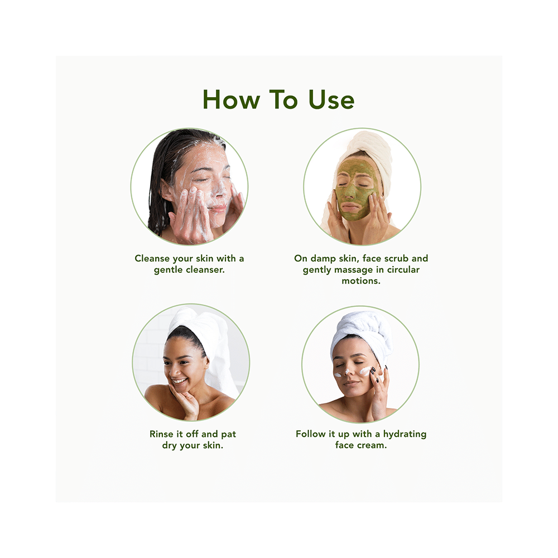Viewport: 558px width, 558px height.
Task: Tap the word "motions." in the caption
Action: coord(361,281)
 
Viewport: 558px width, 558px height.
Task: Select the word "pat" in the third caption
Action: coord(227,434)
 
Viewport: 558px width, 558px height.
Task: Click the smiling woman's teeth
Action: coord(179,382)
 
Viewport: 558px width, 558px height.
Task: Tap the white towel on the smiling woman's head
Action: coord(206,329)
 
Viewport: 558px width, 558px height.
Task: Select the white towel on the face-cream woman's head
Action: coord(363,329)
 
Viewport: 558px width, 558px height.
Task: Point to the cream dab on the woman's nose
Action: coord(346,372)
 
